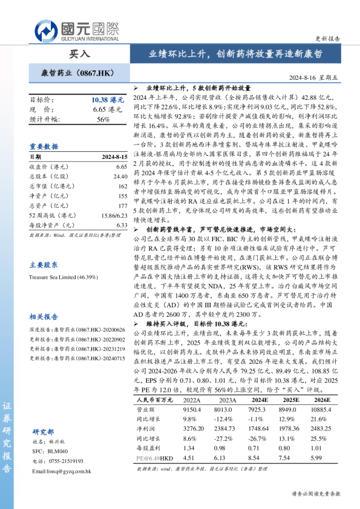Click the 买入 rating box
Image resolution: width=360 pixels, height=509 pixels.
79,53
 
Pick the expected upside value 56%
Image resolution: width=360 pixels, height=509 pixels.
103,120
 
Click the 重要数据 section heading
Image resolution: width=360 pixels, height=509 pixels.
44,146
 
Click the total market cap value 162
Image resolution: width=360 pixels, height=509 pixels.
122,186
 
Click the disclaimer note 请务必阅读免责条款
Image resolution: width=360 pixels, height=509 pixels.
316,493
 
